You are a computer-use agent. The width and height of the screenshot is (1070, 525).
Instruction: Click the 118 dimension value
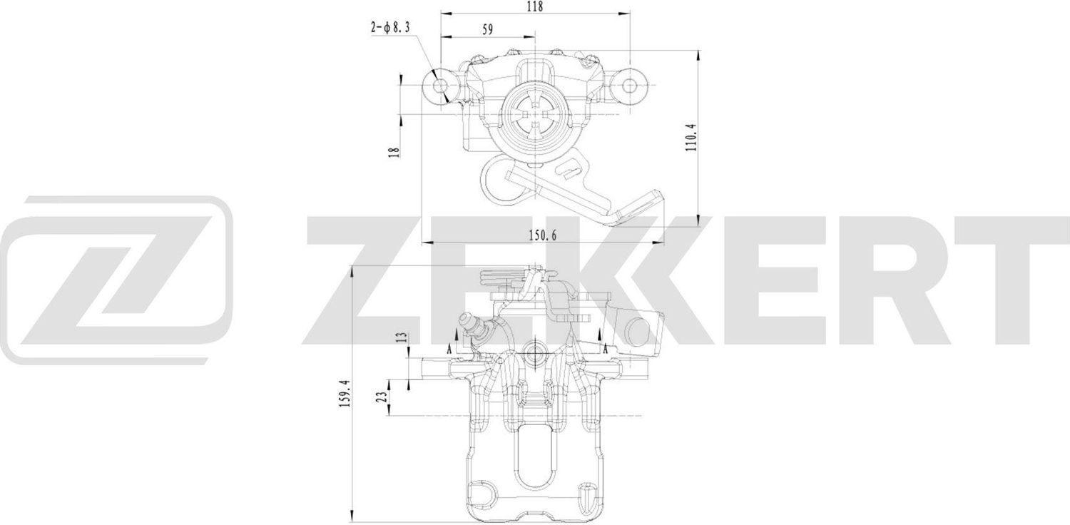(x=534, y=6)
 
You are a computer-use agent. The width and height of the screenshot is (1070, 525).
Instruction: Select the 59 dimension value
(x=488, y=29)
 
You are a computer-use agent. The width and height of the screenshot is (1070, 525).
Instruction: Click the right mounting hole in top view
(x=629, y=86)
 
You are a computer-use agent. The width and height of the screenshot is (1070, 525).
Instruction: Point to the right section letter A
(x=605, y=350)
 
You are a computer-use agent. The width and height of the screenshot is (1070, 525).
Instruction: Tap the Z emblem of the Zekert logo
(x=118, y=270)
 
